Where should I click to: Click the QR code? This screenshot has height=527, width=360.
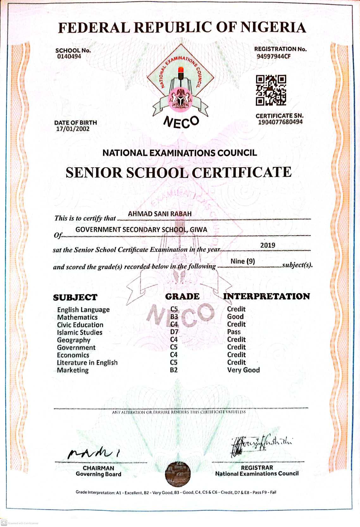point(271,90)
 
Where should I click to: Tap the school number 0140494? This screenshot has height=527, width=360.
point(69,56)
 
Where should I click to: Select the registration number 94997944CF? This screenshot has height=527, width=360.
point(274,57)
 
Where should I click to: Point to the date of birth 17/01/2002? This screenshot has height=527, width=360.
point(73,129)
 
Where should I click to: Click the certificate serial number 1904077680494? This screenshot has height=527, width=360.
point(280,122)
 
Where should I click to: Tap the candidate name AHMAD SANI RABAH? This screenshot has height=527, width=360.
point(160,214)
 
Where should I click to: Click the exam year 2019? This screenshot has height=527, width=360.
point(268,245)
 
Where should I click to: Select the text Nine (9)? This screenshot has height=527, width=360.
point(243,261)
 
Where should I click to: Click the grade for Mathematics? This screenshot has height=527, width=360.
point(174,317)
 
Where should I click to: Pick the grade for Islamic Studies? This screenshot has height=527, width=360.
point(174,332)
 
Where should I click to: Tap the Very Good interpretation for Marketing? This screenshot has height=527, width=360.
point(243,370)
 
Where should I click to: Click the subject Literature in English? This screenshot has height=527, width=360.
point(87,363)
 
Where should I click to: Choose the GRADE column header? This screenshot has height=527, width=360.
point(182,296)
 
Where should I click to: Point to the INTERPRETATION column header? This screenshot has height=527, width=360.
point(266,296)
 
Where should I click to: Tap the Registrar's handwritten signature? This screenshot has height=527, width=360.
point(261,444)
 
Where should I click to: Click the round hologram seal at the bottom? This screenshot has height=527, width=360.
point(178,474)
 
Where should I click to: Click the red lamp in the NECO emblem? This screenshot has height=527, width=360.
point(181,70)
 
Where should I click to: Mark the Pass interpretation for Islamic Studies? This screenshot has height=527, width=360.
point(234,332)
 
